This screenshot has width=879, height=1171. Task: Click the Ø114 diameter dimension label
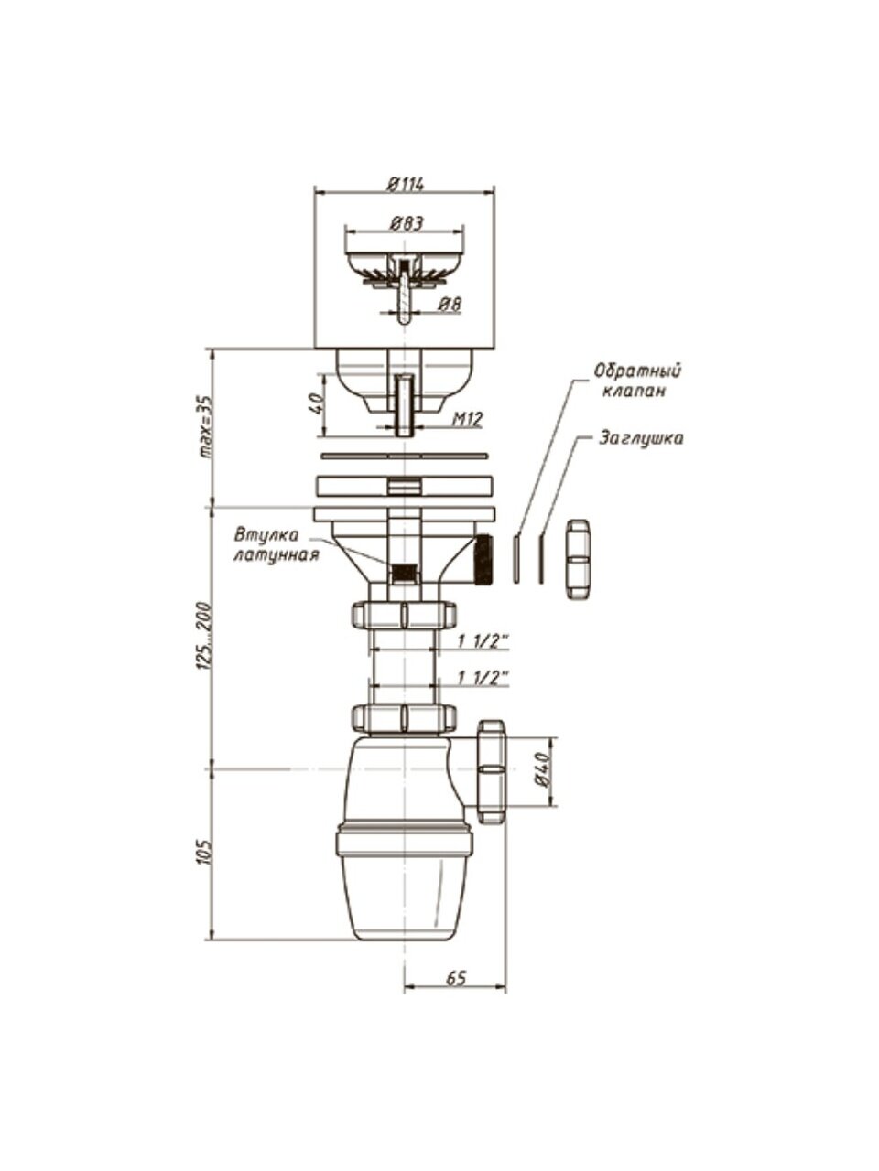(x=406, y=184)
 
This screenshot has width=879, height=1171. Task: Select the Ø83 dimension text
(x=407, y=224)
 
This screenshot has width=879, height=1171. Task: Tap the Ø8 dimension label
(x=450, y=305)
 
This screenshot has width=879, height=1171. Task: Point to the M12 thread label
(x=468, y=419)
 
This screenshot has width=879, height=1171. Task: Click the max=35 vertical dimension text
(x=204, y=427)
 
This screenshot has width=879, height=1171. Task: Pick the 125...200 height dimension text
(x=204, y=636)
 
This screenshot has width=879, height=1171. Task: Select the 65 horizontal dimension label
(x=456, y=978)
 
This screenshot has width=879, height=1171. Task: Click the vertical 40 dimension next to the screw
(x=315, y=404)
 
